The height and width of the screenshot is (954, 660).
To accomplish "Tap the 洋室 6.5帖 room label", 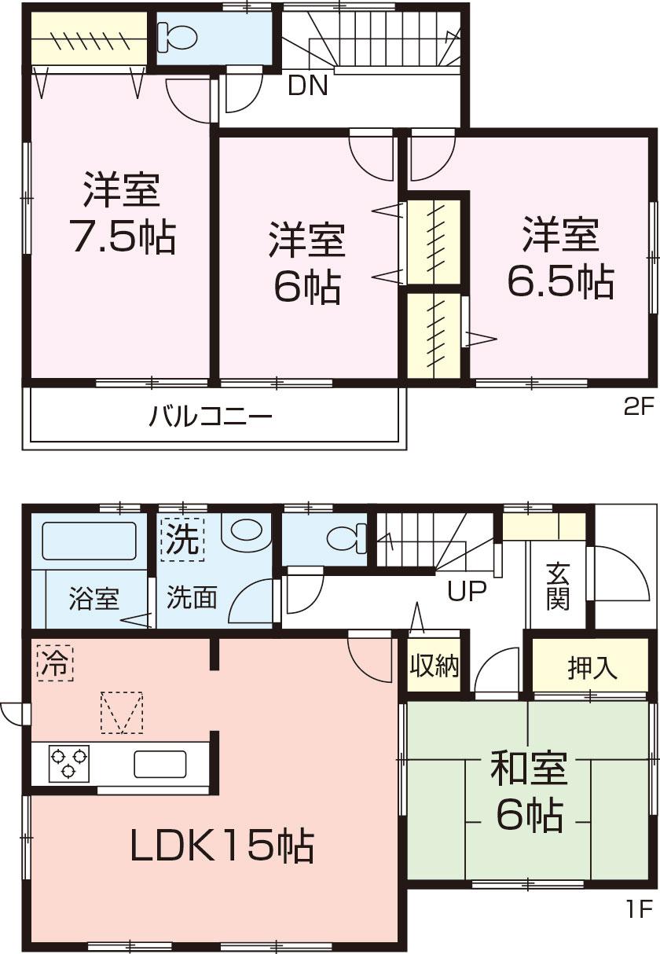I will click(x=559, y=258).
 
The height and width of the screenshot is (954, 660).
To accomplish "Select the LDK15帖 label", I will click(x=222, y=846).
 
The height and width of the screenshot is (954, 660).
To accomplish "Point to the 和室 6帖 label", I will click(x=528, y=791).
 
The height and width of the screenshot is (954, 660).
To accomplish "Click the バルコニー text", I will click(x=211, y=415).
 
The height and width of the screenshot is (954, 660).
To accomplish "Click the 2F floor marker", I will click(x=638, y=407).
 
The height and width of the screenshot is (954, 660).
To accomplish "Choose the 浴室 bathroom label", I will click(x=93, y=600).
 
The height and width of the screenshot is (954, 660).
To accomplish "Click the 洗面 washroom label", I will click(x=192, y=599).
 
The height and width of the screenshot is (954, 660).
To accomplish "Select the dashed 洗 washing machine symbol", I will click(x=182, y=538).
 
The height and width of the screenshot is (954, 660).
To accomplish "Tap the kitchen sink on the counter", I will click(x=159, y=763).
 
